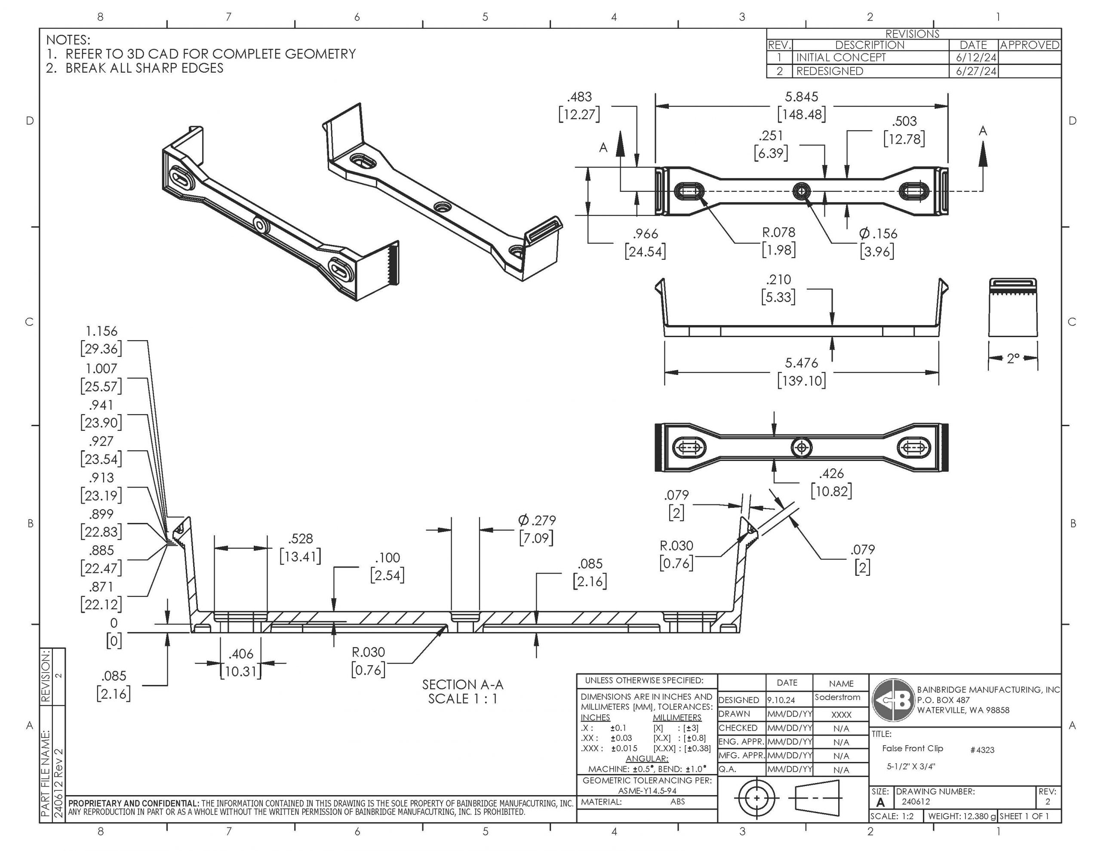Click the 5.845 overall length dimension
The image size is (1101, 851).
point(801,97)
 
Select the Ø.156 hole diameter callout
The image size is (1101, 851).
point(878,233)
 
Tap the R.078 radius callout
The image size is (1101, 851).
point(778,232)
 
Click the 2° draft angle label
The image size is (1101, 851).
point(1013,359)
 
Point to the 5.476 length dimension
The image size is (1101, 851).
point(801,363)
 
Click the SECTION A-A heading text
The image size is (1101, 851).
point(462,685)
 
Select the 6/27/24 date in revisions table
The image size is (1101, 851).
point(976,71)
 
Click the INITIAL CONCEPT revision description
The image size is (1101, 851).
point(840,58)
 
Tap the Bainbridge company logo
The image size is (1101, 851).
point(893,700)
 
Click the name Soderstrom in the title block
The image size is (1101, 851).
point(837,697)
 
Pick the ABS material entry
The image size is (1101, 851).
point(677,802)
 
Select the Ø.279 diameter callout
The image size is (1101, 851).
point(536,520)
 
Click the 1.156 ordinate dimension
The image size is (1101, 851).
point(101,331)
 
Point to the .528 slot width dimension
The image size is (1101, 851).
point(301,538)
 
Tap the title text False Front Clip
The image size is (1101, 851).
point(913,749)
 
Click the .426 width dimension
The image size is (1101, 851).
point(831,473)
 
